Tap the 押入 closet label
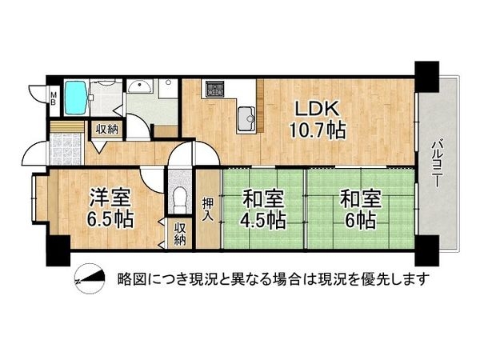pos(207,210)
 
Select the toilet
pos(179,197)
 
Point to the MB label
pos(52,99)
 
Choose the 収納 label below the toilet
pos(181,234)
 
